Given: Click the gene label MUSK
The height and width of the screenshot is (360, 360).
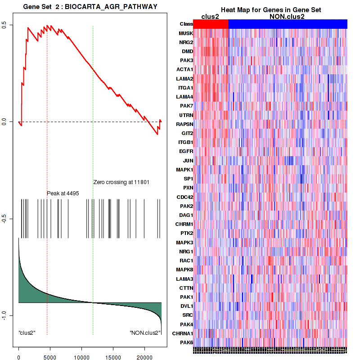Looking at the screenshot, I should pyautogui.click(x=186, y=33).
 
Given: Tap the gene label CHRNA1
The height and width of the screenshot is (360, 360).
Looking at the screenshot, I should pyautogui.click(x=183, y=333).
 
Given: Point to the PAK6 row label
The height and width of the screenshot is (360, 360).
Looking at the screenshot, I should pyautogui.click(x=186, y=342).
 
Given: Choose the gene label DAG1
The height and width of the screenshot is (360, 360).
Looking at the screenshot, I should pyautogui.click(x=186, y=215).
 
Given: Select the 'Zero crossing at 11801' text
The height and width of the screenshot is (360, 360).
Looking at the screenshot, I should pyautogui.click(x=121, y=182).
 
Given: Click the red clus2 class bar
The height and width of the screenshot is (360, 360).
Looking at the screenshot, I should pyautogui.click(x=211, y=24).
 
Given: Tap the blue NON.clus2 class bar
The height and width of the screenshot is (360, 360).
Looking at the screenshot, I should pyautogui.click(x=288, y=24).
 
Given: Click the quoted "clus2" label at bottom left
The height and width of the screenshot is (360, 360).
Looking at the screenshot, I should pyautogui.click(x=27, y=333).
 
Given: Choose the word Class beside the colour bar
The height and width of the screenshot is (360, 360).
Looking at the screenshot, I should pyautogui.click(x=186, y=24).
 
